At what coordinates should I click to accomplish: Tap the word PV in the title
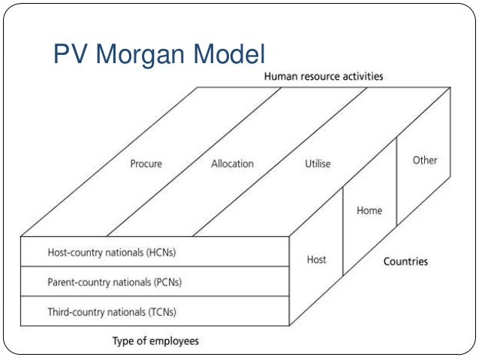(x=69, y=53)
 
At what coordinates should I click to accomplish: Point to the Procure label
(x=146, y=163)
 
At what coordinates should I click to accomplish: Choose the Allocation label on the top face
(x=232, y=163)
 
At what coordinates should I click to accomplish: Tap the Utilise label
(x=318, y=163)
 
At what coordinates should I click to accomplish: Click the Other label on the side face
(x=425, y=160)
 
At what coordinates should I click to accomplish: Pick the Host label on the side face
(x=317, y=260)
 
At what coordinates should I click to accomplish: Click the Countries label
(x=405, y=262)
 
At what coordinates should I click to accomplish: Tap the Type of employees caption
(x=155, y=341)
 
